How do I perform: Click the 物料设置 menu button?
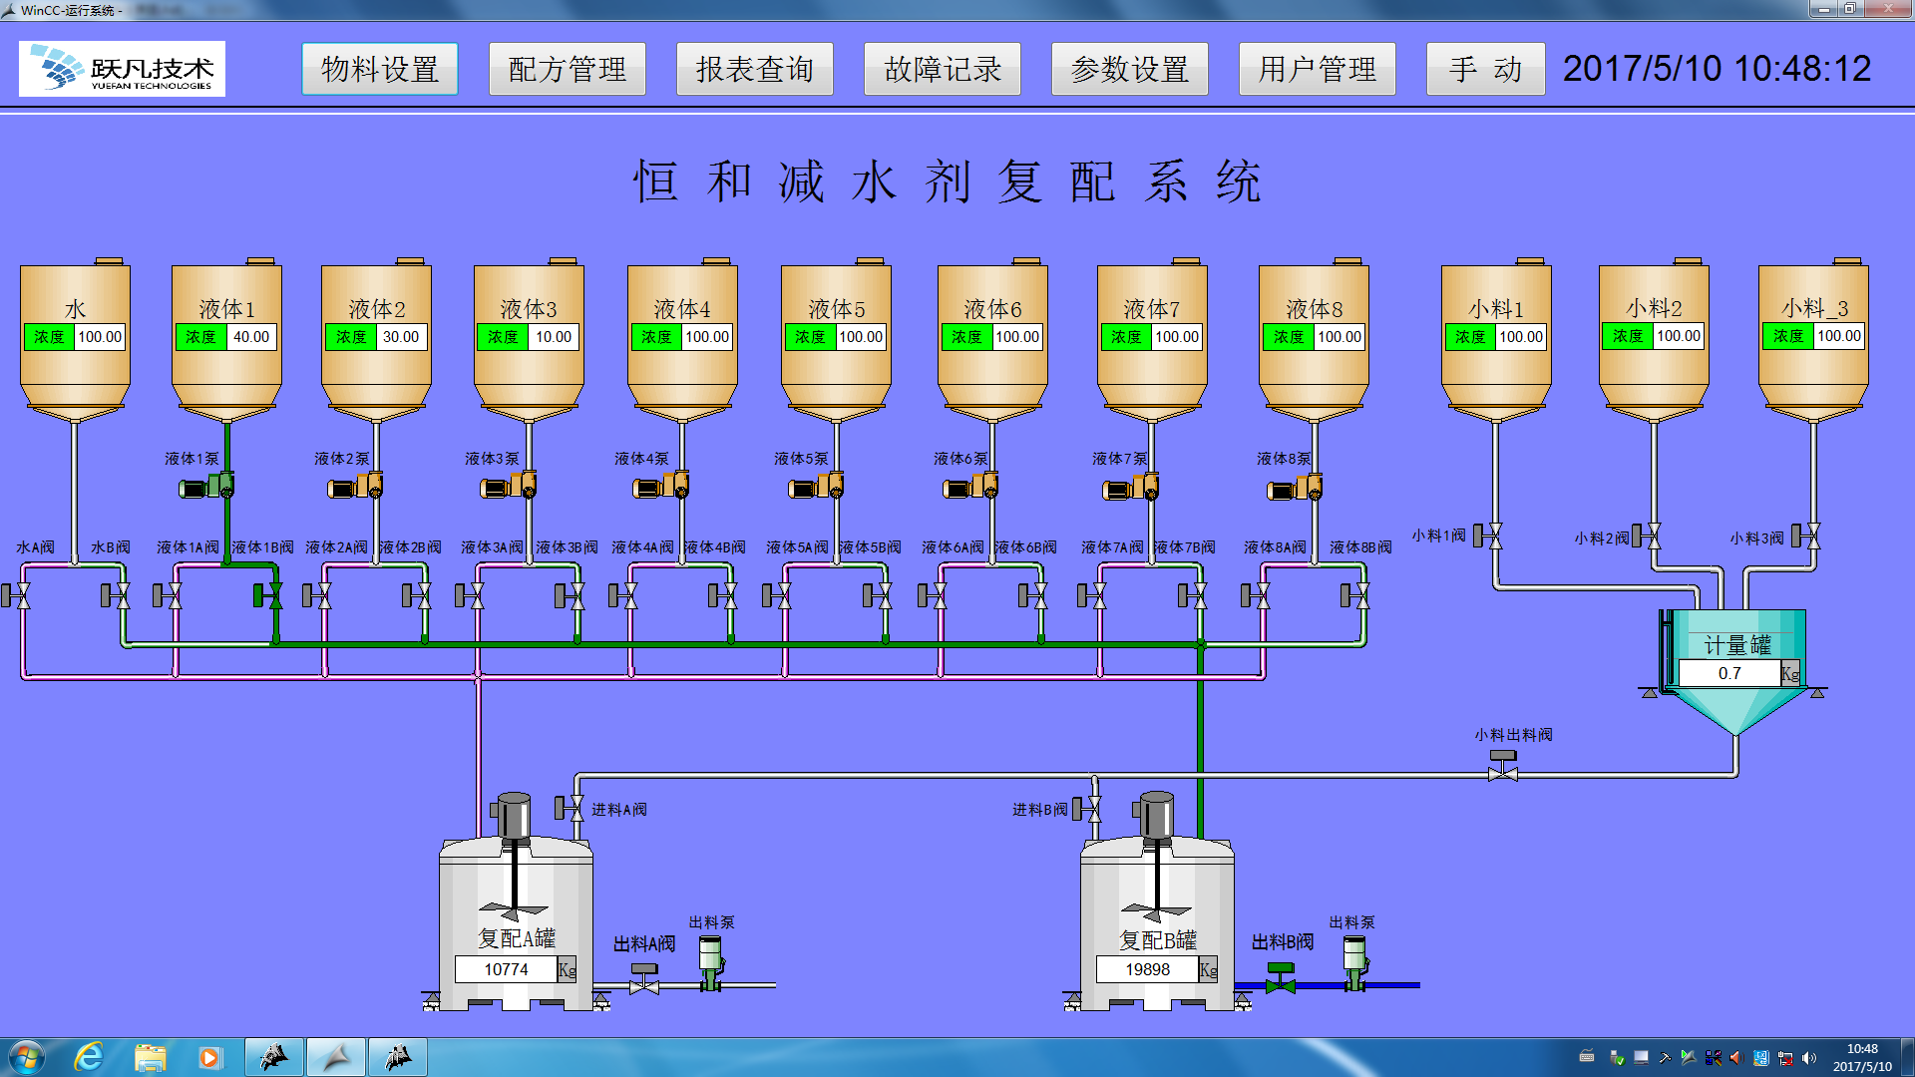(x=379, y=69)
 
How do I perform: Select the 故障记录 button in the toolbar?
(x=942, y=69)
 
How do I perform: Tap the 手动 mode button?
(x=1485, y=69)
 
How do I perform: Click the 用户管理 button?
(x=1317, y=69)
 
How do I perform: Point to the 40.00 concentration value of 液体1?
(x=250, y=337)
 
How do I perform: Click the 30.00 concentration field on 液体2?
(x=401, y=337)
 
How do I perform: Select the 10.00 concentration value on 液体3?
(x=553, y=337)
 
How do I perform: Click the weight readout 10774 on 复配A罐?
(x=506, y=969)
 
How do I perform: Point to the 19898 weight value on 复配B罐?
(x=1147, y=969)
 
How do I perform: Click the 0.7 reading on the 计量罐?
(x=1729, y=674)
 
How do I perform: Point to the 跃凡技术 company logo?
(x=122, y=69)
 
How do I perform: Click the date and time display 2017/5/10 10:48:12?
(x=1717, y=69)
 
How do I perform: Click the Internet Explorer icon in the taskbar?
(x=89, y=1056)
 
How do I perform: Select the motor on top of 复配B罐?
(x=1157, y=816)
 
